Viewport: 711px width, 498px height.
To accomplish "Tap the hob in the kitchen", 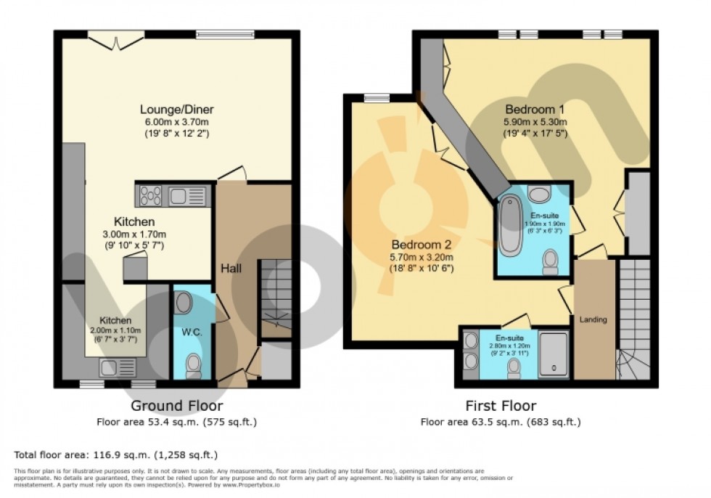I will pyautogui.click(x=151, y=195).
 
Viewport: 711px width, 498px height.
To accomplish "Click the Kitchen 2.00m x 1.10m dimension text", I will pyautogui.click(x=115, y=330).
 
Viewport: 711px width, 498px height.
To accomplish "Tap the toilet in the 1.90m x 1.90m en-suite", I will pyautogui.click(x=551, y=261).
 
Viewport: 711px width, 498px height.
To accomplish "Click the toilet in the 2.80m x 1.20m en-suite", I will pyautogui.click(x=514, y=369).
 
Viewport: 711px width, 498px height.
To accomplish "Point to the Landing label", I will pyautogui.click(x=592, y=319).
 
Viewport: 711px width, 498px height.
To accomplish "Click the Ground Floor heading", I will pyautogui.click(x=176, y=406).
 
